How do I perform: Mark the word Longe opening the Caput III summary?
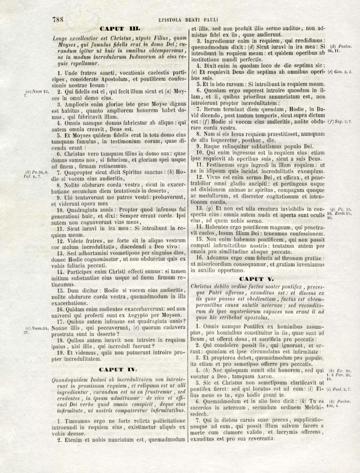(60, 39)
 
